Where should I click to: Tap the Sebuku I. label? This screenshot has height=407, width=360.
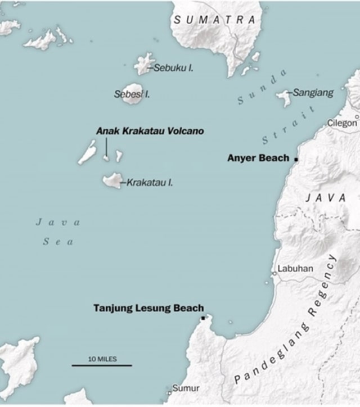pos(173,68)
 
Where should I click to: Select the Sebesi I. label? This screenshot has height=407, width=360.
pos(132,94)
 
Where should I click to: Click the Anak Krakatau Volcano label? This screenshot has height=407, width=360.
pos(150,131)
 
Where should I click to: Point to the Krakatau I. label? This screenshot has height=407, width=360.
pos(150,182)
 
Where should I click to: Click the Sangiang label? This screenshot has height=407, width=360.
pos(313,92)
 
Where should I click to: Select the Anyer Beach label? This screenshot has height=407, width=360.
pos(258,158)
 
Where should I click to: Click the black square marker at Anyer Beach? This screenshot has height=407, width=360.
pos(296,159)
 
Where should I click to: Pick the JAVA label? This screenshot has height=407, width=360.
pos(326,197)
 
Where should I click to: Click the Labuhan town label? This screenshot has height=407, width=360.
pos(295,269)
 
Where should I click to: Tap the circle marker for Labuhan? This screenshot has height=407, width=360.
pos(274,273)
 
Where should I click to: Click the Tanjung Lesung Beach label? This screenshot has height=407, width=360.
pos(148,308)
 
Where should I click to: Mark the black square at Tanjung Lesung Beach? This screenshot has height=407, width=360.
pos(203,318)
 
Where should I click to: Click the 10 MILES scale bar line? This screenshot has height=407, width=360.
pos(102,365)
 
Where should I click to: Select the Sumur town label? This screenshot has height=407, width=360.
pos(186,388)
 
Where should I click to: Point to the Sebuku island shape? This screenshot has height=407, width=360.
pos(143,64)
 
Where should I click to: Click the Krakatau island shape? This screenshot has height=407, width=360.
pos(112,180)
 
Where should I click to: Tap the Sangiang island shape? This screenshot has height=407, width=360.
pos(283,97)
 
